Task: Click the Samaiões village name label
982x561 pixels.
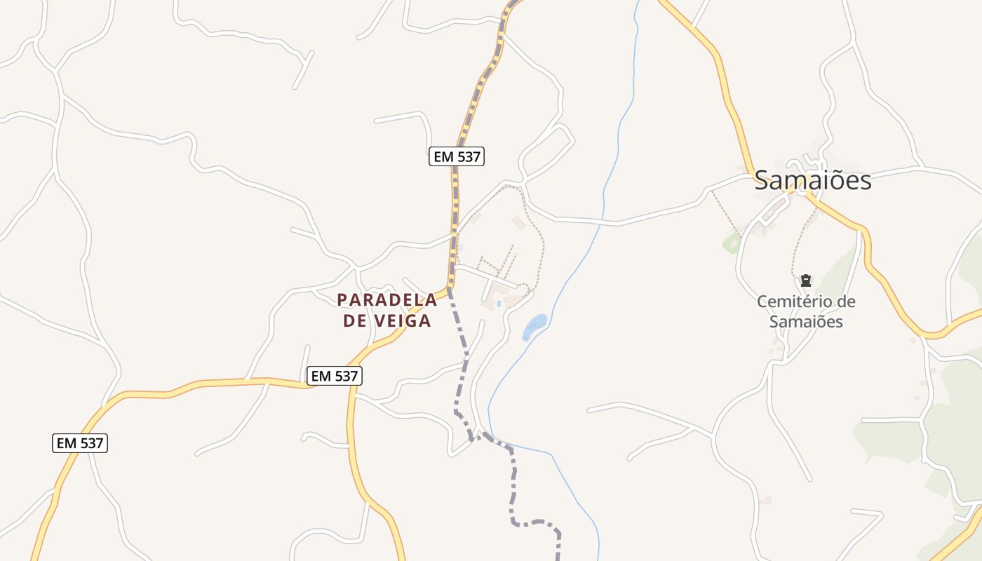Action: click(x=812, y=180)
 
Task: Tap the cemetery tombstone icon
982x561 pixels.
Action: click(x=806, y=281)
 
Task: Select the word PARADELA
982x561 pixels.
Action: click(x=387, y=300)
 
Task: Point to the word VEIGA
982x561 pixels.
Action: click(x=406, y=321)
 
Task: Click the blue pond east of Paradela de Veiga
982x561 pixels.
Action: click(x=534, y=325)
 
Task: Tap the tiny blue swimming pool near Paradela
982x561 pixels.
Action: click(x=499, y=304)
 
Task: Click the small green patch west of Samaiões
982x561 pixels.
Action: click(x=732, y=243)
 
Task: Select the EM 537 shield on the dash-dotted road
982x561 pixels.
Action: click(x=457, y=156)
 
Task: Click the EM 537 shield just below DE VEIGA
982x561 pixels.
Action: click(x=335, y=376)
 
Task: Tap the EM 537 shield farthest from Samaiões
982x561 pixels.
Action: click(x=80, y=443)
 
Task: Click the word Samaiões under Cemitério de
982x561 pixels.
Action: click(x=806, y=322)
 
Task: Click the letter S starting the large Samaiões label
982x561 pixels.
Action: click(x=762, y=181)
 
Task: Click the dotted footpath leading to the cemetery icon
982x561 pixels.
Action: click(x=796, y=245)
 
